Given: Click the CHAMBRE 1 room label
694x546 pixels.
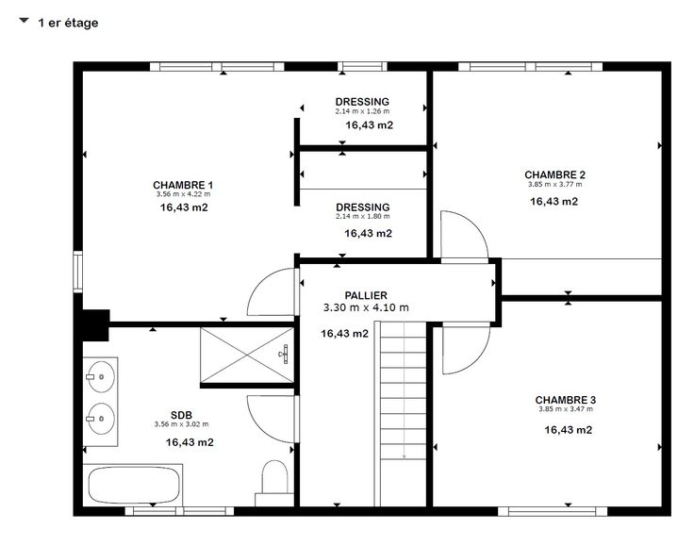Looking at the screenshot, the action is (x=183, y=185).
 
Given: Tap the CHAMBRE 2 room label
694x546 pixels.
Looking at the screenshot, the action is (x=555, y=174).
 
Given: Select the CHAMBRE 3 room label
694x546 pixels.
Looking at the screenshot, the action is (x=566, y=400).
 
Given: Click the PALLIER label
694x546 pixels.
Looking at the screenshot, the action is (x=366, y=295).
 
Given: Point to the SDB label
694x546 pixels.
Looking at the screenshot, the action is (x=181, y=415).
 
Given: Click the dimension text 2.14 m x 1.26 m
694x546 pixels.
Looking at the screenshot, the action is (x=362, y=111).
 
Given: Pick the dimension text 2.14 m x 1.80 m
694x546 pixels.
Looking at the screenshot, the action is (x=363, y=216).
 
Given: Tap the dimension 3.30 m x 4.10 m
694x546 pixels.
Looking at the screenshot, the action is (x=366, y=307).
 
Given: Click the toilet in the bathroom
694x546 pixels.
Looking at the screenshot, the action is (x=274, y=480).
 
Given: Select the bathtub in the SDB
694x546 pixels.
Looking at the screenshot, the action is (x=133, y=485).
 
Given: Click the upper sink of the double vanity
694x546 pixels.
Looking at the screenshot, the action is (x=101, y=377).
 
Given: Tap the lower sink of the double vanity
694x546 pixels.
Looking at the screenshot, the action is (x=101, y=419).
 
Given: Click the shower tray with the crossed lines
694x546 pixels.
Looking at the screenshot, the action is (x=246, y=355).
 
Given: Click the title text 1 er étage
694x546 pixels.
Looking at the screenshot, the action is (x=68, y=23).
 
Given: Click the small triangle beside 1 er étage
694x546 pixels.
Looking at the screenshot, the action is (x=25, y=21).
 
